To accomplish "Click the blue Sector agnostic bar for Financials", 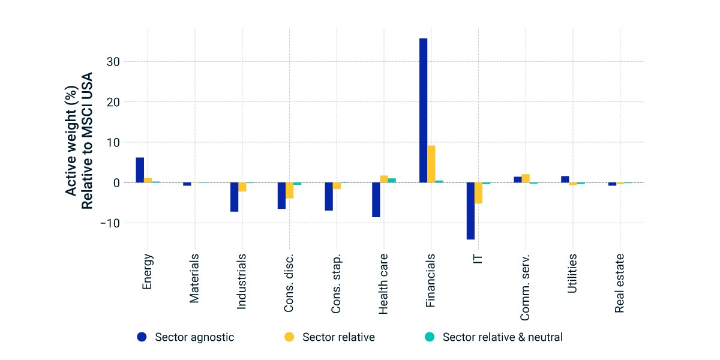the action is coord(424,110).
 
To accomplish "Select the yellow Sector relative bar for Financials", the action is coord(431,164).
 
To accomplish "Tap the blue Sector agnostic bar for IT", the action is coord(470,211).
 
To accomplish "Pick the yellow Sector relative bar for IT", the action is coord(479,193).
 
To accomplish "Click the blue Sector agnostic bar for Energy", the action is coord(140,170).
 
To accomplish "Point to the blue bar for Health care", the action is coord(376,200).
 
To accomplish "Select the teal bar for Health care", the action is coord(392,181).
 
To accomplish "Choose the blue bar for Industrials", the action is coord(235,197).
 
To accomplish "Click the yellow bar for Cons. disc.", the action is coord(290,191).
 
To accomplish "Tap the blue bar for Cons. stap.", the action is coord(329,197).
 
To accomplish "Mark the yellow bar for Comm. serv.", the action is coord(526,178).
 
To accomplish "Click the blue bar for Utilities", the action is coord(565,179).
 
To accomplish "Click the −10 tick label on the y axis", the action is coord(110,223).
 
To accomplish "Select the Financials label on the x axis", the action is coord(430,281).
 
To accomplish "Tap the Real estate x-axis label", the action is coord(619,283).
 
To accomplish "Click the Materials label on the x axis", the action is coord(194,278).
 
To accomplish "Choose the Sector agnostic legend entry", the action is coord(185,337).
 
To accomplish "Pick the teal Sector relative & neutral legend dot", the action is coord(430,337).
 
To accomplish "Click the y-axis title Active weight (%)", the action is coord(71,141).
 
